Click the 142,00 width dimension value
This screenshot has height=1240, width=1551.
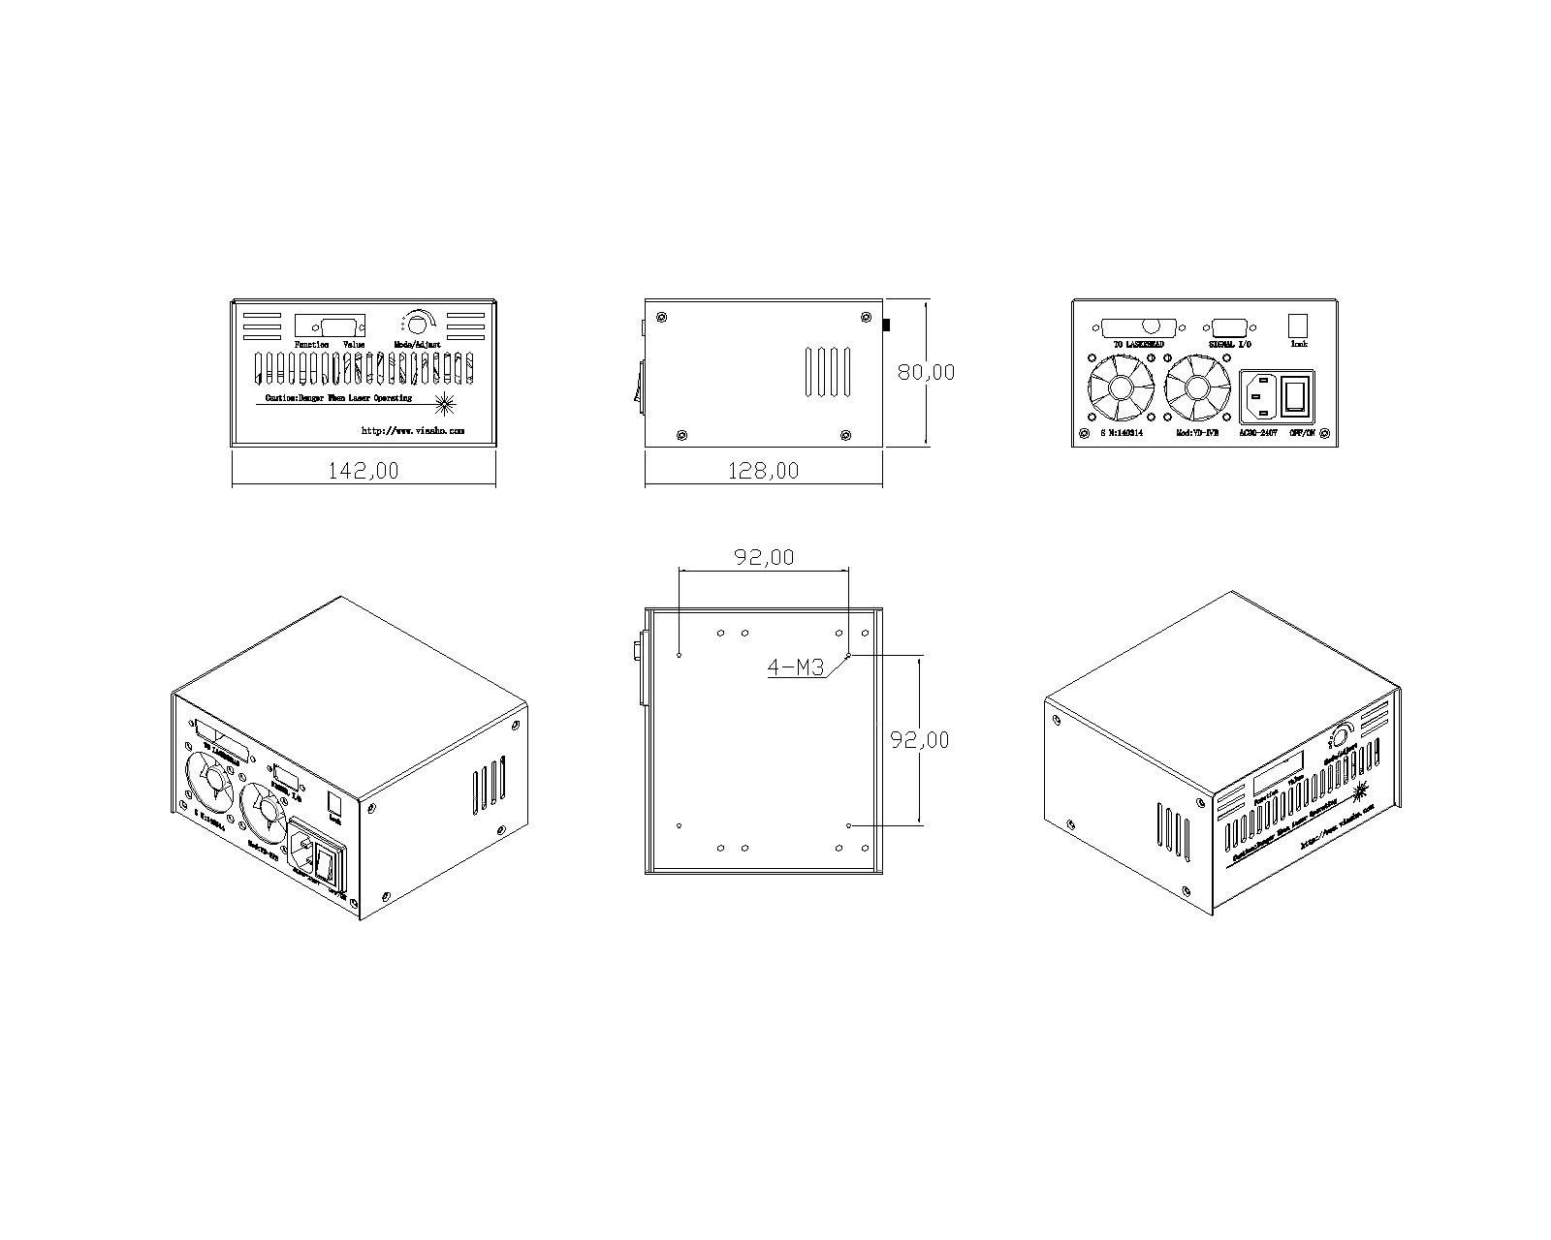[364, 471]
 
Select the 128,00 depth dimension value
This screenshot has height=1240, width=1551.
[764, 471]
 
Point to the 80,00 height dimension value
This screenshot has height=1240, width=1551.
[925, 372]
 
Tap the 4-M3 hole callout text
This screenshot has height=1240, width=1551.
[795, 666]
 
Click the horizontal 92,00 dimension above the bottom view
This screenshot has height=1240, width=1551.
[763, 557]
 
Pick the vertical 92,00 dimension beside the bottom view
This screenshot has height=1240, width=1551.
[919, 739]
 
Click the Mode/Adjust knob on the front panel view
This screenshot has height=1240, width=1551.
[419, 324]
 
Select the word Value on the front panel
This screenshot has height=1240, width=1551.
[354, 345]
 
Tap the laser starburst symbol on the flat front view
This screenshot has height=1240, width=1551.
[446, 402]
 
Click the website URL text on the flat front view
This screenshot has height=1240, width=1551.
[413, 430]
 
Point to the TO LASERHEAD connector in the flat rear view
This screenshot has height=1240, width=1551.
[1140, 328]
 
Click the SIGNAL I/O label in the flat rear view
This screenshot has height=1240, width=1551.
[1229, 344]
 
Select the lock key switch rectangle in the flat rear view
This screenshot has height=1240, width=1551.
[1298, 325]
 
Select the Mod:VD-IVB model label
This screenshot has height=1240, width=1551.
[1197, 433]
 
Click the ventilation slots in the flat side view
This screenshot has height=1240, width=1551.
[829, 372]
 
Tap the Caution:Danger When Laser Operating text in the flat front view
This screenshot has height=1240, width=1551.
[338, 398]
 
